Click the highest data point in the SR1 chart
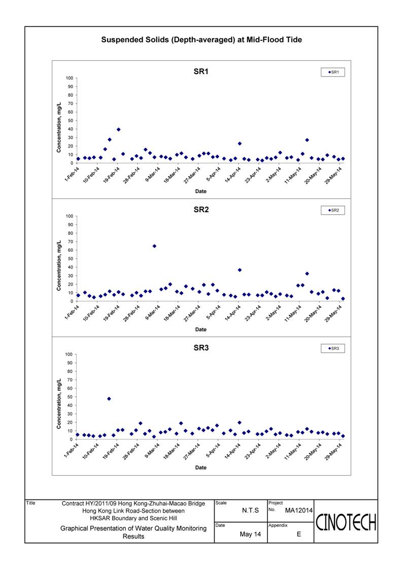pyautogui.click(x=118, y=129)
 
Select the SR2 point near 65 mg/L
pyautogui.click(x=154, y=246)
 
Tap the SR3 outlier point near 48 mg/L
pyautogui.click(x=109, y=399)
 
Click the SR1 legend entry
pyautogui.click(x=333, y=73)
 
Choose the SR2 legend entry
pyautogui.click(x=333, y=211)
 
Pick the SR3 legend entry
pyautogui.click(x=333, y=349)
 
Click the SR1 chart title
pyautogui.click(x=201, y=72)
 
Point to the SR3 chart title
pyautogui.click(x=201, y=348)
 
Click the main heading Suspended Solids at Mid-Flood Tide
pyautogui.click(x=201, y=40)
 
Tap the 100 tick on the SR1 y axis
pyautogui.click(x=70, y=78)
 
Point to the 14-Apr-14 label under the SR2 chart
pyautogui.click(x=233, y=313)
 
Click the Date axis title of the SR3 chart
pyautogui.click(x=201, y=468)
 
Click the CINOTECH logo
pyautogui.click(x=346, y=523)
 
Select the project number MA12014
pyautogui.click(x=299, y=511)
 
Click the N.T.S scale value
pyautogui.click(x=250, y=511)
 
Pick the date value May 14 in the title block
pyautogui.click(x=250, y=534)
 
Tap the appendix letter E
pyautogui.click(x=299, y=534)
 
